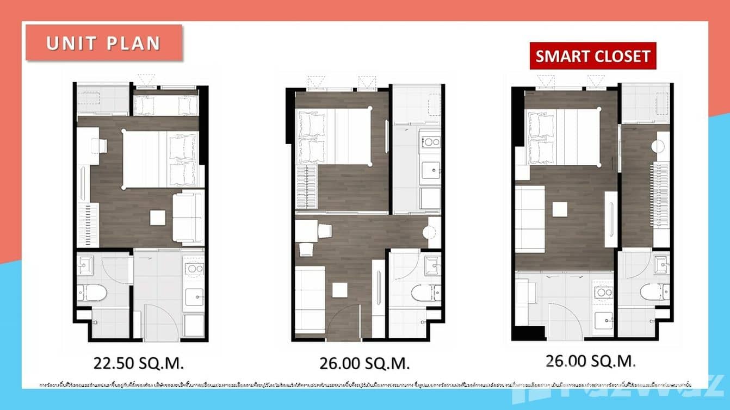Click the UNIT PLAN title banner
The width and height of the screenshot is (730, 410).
tap(103, 43)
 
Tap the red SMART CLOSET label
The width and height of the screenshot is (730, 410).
tap(593, 56)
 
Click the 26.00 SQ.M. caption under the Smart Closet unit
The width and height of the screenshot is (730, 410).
tap(591, 360)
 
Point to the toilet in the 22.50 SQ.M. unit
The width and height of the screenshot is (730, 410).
tap(93, 293)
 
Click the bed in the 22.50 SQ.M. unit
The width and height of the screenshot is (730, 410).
tap(160, 160)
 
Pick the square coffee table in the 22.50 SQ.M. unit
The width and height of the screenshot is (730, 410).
tap(158, 218)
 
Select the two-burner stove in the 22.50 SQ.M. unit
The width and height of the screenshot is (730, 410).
tap(194, 268)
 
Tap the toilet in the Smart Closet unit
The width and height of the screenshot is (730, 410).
tap(652, 292)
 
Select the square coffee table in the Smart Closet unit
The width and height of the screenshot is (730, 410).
tap(560, 209)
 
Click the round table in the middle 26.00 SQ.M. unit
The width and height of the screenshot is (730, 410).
tap(429, 232)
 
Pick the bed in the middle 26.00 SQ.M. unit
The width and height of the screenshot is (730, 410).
tap(333, 136)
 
